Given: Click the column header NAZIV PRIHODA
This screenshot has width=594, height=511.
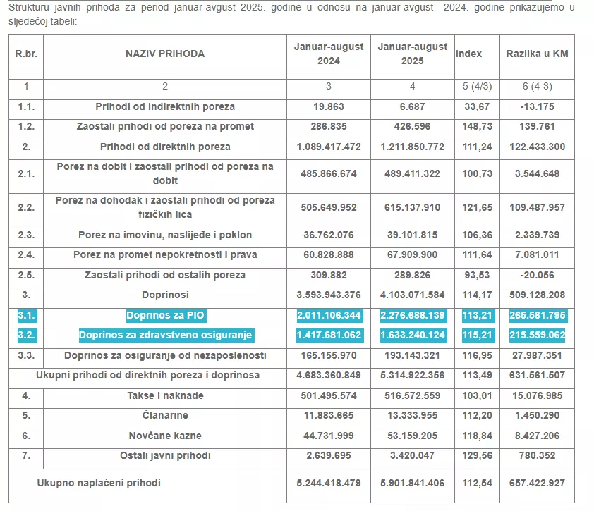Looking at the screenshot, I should click(165, 54).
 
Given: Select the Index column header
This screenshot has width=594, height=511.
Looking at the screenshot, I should click(469, 54).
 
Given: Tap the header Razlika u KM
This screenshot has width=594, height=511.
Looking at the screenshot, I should click(537, 54).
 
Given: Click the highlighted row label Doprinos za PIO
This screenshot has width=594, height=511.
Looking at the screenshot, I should click(166, 315).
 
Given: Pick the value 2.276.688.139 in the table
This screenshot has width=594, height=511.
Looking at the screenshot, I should click(413, 315).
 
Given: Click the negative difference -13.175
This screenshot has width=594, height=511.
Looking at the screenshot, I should click(537, 106).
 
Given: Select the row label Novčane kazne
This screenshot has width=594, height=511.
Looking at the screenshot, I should click(166, 436).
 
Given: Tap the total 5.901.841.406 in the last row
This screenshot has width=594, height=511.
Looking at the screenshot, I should click(413, 483).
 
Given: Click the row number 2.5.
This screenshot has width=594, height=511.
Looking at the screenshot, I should click(26, 275).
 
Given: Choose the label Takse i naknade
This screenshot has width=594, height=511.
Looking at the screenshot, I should click(166, 395).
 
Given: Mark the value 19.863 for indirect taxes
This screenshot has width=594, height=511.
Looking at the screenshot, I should click(329, 106).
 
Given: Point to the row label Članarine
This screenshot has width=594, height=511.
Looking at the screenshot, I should click(166, 416).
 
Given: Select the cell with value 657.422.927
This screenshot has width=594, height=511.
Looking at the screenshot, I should click(537, 483).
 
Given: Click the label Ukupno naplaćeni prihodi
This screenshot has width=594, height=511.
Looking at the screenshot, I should click(99, 483).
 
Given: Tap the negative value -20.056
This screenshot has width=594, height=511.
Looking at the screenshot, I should click(537, 275).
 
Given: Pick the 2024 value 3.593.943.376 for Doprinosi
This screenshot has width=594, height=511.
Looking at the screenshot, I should click(329, 295).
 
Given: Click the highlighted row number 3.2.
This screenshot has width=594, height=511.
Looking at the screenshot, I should click(26, 335).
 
